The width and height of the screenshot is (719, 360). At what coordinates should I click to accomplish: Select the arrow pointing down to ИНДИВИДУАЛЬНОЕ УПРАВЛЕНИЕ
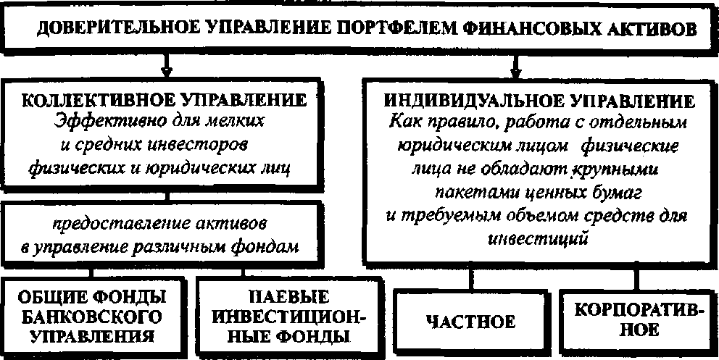[x=516, y=70]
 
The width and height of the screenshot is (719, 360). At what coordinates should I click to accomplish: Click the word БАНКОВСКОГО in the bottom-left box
[x=88, y=317]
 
